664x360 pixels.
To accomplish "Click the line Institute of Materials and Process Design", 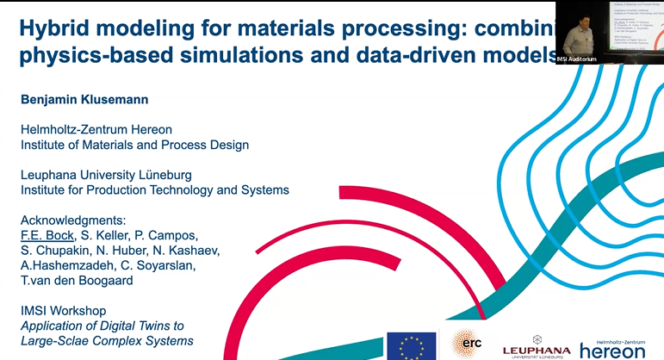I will [x=134, y=145].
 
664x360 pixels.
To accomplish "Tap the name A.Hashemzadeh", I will [x=65, y=265].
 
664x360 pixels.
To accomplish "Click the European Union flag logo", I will [x=411, y=345].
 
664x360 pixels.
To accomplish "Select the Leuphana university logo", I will [x=536, y=345].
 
